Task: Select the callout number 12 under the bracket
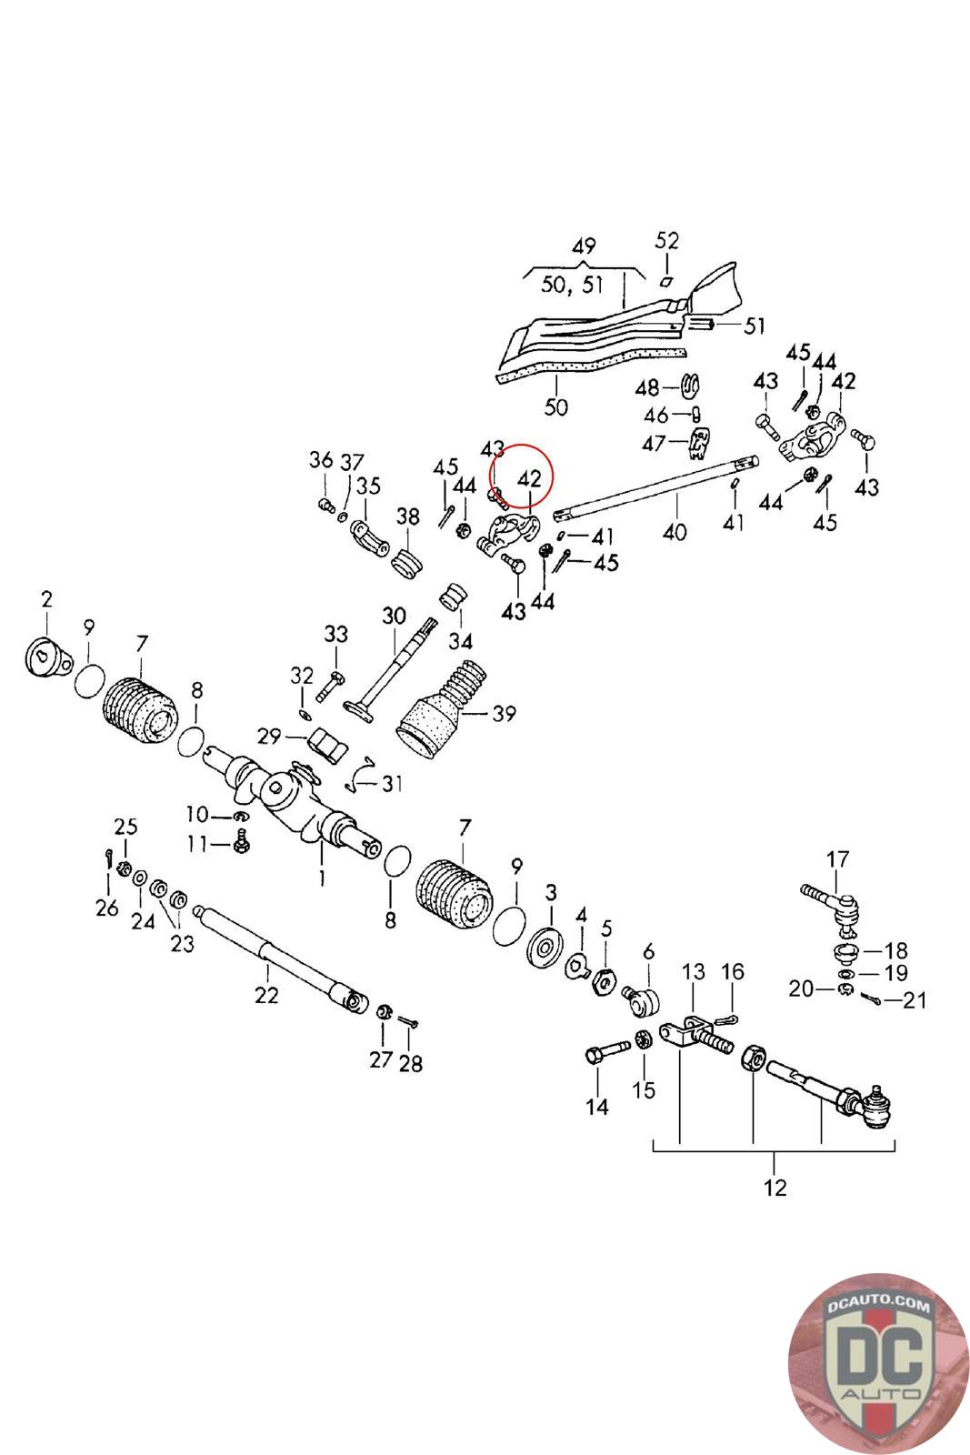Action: [775, 1187]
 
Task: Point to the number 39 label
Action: [503, 714]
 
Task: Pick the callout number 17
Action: [837, 858]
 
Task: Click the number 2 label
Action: [46, 598]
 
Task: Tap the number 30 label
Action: [393, 616]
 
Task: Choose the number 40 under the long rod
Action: [675, 531]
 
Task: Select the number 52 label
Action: [667, 240]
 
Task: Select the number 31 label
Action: [392, 782]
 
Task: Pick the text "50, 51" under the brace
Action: [573, 285]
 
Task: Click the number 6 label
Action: [648, 952]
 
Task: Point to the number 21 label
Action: [915, 1000]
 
